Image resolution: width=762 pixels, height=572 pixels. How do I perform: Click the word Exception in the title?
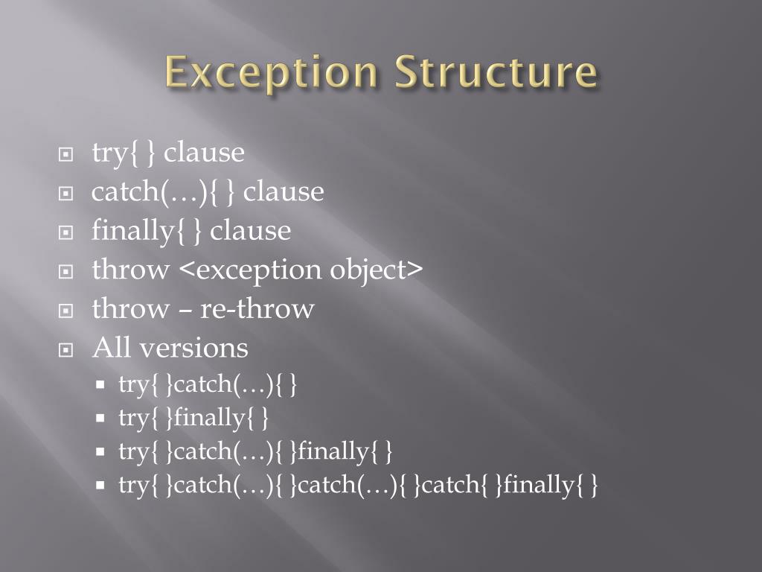click(x=273, y=73)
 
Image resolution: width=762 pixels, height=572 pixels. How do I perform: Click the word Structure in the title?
click(x=496, y=73)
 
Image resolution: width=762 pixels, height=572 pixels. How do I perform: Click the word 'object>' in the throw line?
click(x=377, y=270)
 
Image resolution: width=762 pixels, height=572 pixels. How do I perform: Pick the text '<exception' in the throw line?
click(x=252, y=270)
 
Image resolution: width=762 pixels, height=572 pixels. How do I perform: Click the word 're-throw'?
click(x=257, y=309)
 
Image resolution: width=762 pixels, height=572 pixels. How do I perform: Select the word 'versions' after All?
click(x=194, y=348)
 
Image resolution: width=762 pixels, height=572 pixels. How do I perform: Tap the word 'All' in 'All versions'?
click(x=112, y=348)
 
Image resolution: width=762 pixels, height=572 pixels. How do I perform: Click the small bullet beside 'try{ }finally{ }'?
click(x=101, y=419)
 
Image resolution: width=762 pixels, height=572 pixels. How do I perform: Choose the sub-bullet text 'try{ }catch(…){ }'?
click(x=209, y=385)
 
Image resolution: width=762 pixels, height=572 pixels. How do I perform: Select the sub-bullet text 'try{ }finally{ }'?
click(x=193, y=418)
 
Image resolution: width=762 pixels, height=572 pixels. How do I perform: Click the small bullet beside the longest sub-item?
click(x=101, y=486)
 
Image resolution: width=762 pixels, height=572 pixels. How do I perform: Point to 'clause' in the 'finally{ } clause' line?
click(x=251, y=231)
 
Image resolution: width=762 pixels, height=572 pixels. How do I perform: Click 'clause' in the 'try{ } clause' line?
click(x=205, y=153)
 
